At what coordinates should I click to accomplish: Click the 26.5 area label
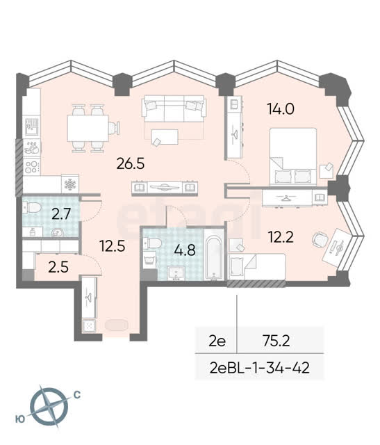(131, 164)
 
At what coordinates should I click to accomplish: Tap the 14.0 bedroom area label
(281, 109)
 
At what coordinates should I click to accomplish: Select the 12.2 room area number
(281, 237)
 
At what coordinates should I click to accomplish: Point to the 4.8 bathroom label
(185, 250)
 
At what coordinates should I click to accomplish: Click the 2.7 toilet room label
(61, 213)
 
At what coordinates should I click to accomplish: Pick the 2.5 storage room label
(58, 267)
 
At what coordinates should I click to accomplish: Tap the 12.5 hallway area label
(113, 245)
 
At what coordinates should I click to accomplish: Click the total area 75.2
(276, 341)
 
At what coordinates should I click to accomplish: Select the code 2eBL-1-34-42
(260, 368)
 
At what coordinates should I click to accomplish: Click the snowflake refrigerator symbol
(70, 184)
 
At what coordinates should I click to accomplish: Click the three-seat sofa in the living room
(174, 109)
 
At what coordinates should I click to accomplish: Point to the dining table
(88, 128)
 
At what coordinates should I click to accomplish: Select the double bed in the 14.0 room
(293, 156)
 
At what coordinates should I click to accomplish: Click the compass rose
(49, 406)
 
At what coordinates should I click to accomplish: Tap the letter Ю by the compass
(20, 419)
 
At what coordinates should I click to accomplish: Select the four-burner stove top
(31, 167)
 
